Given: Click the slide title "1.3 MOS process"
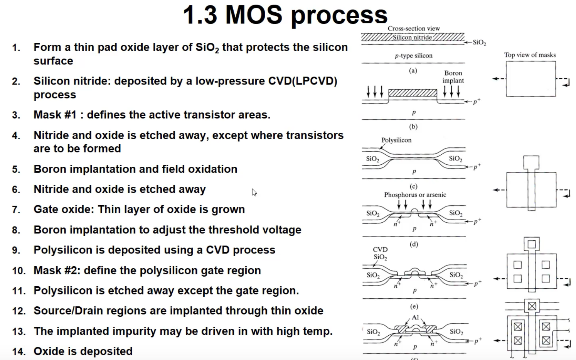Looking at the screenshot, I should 285,15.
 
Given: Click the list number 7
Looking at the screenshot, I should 16,210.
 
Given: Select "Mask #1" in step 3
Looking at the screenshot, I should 55,115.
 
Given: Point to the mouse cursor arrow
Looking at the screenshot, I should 254,192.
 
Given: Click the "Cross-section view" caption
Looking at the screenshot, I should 414,29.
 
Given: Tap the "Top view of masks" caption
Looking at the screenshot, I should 530,55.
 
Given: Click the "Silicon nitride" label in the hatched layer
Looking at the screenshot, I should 412,37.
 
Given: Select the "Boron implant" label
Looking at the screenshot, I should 453,77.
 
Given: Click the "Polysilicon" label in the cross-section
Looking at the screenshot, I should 396,140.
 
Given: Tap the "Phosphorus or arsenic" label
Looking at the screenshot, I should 415,195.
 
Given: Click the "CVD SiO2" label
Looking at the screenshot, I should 380,253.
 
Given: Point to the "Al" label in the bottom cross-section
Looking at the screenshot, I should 415,318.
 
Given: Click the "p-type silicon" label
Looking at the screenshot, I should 413,56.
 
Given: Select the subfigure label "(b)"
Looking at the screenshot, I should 413,127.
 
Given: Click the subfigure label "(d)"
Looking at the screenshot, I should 414,244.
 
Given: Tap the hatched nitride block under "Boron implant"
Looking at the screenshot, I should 413,93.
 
